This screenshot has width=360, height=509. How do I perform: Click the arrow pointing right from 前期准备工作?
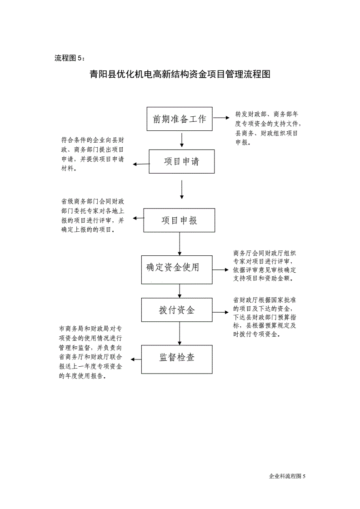coord(221,118)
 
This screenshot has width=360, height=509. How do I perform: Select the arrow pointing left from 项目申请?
coord(141,164)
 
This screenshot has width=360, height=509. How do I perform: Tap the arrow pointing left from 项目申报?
coord(138,218)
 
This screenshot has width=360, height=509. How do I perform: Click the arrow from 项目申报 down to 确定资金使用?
coord(180,244)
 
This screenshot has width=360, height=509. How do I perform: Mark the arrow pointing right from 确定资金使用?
coord(221,270)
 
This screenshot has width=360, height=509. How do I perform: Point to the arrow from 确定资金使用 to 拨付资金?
coord(180,291)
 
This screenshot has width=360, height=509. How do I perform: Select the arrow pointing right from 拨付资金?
coord(221,312)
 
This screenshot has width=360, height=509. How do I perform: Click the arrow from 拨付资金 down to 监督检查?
coord(180,334)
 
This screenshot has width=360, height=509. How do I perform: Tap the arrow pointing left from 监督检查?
coord(136,359)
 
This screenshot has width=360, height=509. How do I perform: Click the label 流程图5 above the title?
coord(70,58)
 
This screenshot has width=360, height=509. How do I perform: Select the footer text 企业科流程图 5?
coord(287,476)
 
